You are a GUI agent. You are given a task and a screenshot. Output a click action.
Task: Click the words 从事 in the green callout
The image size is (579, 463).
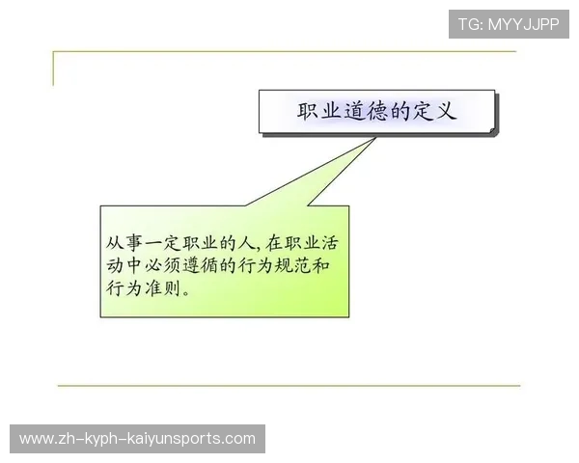124,241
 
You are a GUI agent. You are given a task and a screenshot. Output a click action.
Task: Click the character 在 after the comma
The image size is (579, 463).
269,241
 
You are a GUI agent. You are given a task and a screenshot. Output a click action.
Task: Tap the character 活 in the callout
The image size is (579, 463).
332,241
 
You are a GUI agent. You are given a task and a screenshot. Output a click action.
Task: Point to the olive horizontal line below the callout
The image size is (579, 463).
289,386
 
